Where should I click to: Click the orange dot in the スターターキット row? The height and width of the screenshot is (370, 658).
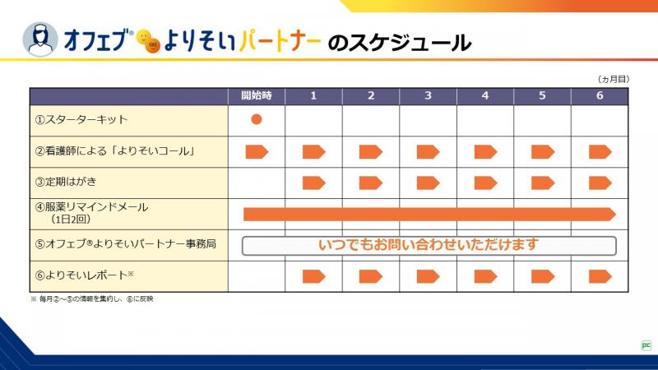point(257,119)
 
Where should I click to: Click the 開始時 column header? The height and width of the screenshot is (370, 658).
point(257,96)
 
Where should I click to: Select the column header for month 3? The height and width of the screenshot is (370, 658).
point(428,96)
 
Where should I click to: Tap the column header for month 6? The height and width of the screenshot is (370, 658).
point(600,96)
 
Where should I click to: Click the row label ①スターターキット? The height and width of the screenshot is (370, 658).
point(81,120)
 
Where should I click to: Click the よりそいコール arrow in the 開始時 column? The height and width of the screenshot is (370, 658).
point(257,151)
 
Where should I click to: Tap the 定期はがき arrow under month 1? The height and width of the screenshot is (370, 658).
point(314,182)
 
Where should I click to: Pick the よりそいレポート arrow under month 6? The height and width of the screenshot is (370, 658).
point(600,275)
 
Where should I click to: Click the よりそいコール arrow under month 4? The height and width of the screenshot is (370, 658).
point(485,151)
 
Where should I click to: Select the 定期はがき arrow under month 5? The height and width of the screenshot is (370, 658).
point(543,182)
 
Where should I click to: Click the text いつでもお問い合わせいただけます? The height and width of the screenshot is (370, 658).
point(429,245)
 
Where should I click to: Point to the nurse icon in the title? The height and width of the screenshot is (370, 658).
point(40,38)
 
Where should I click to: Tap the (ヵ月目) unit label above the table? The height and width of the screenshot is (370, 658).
point(613,79)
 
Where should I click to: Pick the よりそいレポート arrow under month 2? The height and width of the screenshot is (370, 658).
point(371,275)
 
